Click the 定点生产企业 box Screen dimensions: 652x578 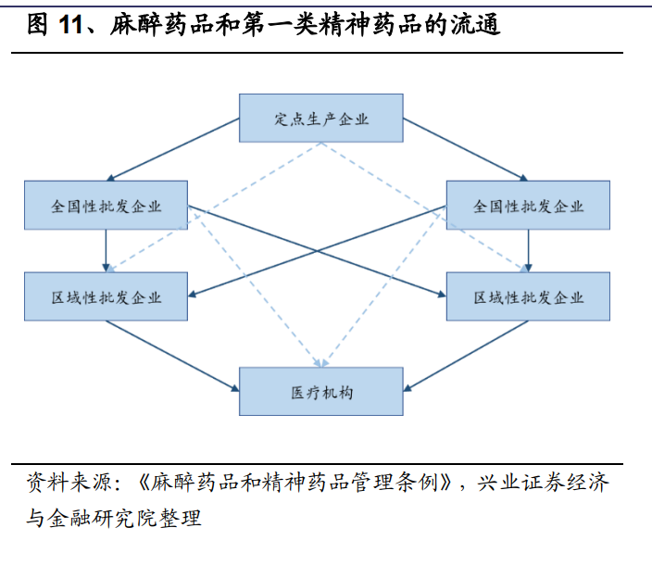[321, 118]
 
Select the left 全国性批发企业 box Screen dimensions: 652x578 [106, 205]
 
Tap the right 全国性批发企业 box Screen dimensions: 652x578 [528, 205]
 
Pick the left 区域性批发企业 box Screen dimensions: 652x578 [106, 296]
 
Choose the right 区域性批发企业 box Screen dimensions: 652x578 [528, 296]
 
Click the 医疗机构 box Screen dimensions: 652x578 [321, 391]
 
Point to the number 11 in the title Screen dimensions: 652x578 [70, 24]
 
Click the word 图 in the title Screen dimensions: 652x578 [37, 24]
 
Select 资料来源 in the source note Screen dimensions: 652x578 [69, 483]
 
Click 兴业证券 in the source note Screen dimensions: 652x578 [521, 483]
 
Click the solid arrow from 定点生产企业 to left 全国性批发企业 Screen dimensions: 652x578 [173, 150]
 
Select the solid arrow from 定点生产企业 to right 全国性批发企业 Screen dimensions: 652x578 [466, 150]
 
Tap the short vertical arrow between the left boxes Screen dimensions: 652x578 [106, 251]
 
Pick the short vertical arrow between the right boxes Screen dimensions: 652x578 [528, 251]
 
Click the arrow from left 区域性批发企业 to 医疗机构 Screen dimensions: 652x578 [172, 356]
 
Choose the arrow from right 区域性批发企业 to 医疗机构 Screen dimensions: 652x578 [466, 356]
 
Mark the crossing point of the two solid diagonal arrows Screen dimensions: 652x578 [317, 251]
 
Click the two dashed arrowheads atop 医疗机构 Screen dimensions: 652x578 [321, 363]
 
